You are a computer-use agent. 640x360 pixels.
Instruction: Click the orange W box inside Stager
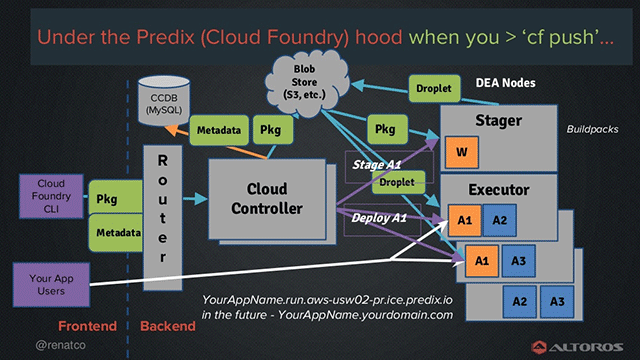pyautogui.click(x=461, y=152)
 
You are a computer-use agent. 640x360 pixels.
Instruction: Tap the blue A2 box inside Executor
pyautogui.click(x=499, y=219)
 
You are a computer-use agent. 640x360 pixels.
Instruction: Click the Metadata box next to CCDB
pyautogui.click(x=217, y=130)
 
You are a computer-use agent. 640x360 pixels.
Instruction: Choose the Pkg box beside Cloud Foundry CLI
pyautogui.click(x=107, y=199)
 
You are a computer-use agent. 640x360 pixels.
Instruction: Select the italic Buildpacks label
pyautogui.click(x=592, y=130)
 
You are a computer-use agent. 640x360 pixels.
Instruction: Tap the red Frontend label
pyautogui.click(x=88, y=327)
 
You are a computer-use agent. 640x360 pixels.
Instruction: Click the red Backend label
pyautogui.click(x=167, y=327)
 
